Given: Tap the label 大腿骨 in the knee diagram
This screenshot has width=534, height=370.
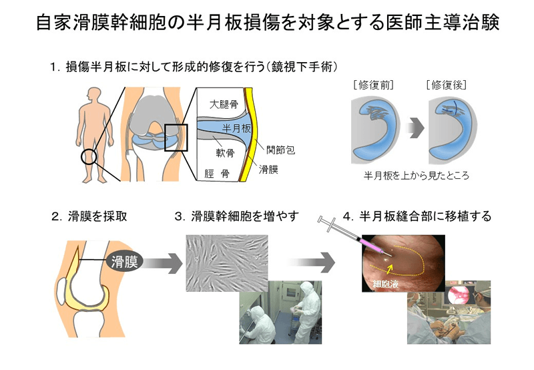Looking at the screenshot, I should tap(224, 104).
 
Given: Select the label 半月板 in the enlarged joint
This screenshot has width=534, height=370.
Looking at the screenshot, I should tap(235, 128).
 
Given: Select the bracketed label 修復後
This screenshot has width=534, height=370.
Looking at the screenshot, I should tap(446, 85).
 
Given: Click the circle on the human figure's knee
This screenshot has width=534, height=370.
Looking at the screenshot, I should tap(88, 157).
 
